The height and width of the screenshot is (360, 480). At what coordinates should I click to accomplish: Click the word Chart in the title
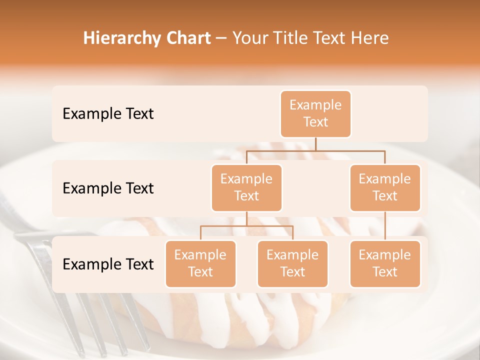coord(186,38)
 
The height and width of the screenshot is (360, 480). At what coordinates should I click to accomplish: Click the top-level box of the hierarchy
coord(315,113)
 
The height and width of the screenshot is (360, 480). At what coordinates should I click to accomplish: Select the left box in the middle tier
coord(246,187)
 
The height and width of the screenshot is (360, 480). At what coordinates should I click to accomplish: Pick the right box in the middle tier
coord(385,187)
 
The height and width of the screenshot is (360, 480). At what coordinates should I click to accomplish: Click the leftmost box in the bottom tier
coord(200,263)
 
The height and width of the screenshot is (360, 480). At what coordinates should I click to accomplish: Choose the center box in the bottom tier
coord(292,263)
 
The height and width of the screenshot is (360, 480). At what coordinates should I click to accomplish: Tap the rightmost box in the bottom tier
coord(385,263)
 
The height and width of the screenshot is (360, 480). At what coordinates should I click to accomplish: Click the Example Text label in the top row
coord(108,114)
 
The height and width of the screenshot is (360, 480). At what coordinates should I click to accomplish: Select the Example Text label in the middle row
coord(108,188)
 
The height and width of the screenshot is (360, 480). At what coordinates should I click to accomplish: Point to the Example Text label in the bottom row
coord(108,264)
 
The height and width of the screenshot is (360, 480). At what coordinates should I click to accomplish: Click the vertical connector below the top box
coord(315,144)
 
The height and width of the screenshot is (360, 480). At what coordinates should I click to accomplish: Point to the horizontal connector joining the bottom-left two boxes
coord(246,226)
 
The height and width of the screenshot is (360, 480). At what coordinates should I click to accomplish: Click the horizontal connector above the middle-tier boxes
coord(315,150)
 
